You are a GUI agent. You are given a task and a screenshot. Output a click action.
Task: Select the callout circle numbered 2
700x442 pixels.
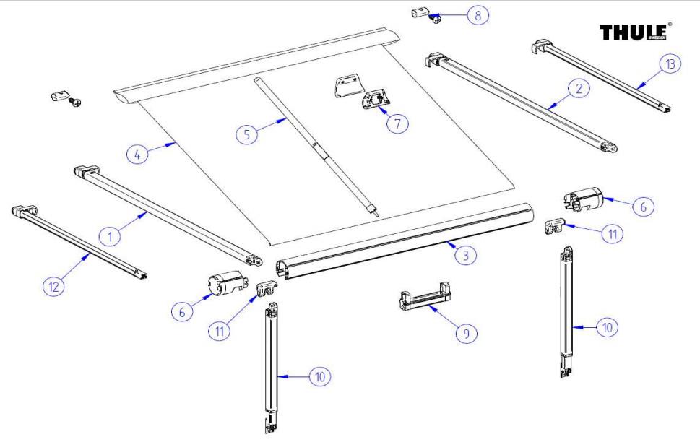(578, 89)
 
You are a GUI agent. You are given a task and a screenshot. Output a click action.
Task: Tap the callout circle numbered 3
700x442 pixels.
(467, 254)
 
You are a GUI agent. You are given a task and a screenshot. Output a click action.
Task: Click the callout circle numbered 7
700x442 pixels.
(397, 123)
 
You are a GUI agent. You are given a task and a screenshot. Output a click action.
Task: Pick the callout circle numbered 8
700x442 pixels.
(477, 15)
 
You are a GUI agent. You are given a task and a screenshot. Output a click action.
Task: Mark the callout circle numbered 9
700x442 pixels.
(467, 333)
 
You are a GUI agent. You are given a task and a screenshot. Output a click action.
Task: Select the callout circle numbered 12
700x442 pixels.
(53, 286)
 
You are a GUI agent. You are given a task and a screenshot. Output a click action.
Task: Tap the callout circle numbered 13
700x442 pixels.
(671, 65)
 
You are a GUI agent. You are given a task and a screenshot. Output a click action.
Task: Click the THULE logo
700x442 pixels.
(634, 32)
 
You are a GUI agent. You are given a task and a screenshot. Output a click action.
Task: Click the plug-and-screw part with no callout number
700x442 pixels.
(65, 98)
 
